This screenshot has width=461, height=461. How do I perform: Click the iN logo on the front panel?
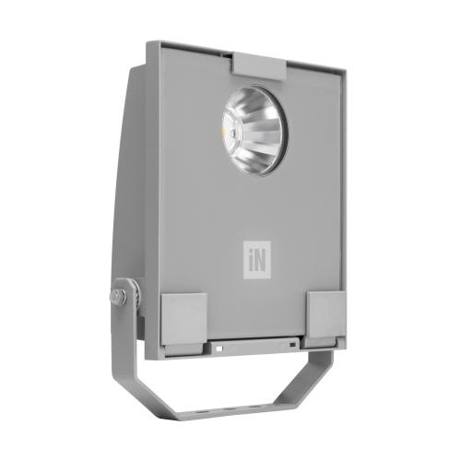tap(255, 254)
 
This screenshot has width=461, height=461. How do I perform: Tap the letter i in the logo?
tap(249, 254)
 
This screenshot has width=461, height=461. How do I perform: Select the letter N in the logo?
tap(259, 254)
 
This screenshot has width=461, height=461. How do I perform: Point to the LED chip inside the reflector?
tap(237, 135)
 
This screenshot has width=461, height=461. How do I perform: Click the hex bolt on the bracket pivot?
tap(118, 297)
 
